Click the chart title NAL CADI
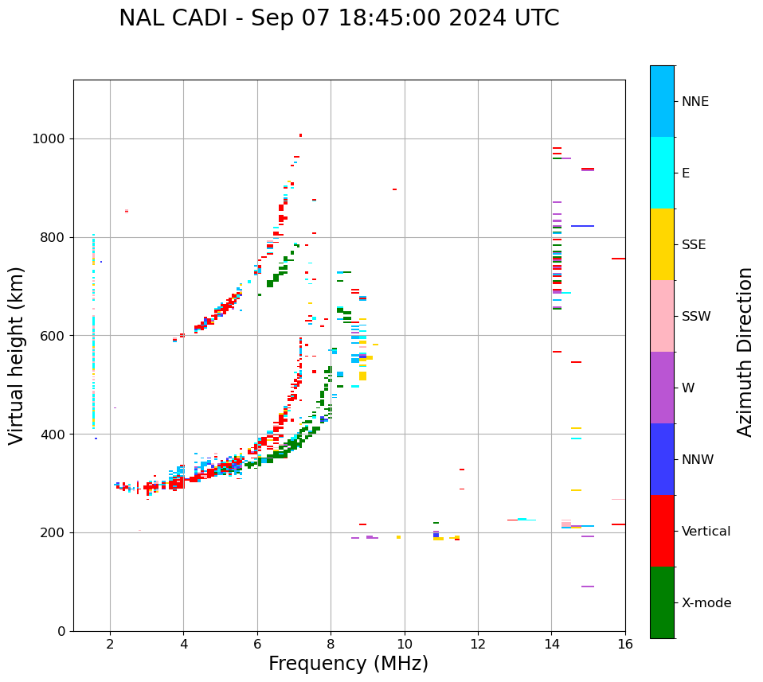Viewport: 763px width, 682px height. [x=338, y=18]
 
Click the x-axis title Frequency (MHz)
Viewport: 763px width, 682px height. [x=348, y=664]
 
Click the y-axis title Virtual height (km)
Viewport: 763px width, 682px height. [x=17, y=355]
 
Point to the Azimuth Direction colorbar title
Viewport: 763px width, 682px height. [x=745, y=351]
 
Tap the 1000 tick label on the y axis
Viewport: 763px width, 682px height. [x=49, y=139]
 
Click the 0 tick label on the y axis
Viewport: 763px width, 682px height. [x=61, y=631]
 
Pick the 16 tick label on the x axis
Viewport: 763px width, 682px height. [x=625, y=644]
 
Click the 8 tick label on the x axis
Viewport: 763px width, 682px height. [x=331, y=644]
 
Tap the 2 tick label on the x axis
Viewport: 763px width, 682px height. [x=110, y=644]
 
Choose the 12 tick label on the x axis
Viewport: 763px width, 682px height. [x=478, y=644]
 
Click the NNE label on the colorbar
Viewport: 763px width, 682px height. [x=695, y=102]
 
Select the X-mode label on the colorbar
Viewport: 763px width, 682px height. [x=706, y=603]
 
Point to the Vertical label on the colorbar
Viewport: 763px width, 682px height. [x=706, y=532]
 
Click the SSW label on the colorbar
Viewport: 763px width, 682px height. [x=696, y=317]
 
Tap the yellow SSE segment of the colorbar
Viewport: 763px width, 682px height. [x=662, y=244]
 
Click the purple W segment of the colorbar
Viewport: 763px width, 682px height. [x=662, y=388]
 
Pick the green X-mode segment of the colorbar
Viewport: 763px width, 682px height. [x=662, y=602]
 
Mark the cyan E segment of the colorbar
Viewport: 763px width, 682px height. [x=662, y=173]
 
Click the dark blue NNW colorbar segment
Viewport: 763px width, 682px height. [x=662, y=459]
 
